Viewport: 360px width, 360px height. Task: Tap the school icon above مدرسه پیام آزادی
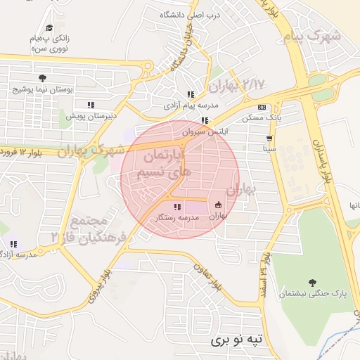click(x=190, y=94)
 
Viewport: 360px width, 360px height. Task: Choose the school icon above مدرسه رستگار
click(x=176, y=206)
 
